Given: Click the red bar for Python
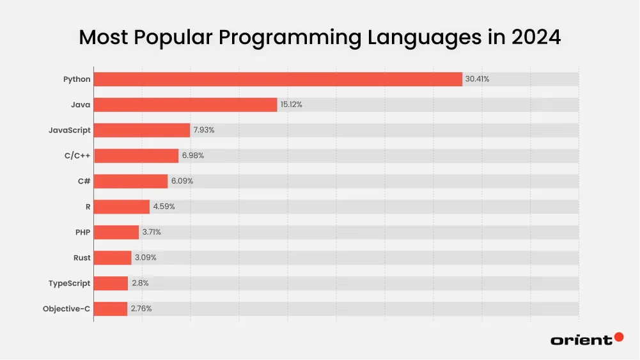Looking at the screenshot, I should click(278, 79).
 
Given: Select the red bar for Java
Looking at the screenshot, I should click(185, 105).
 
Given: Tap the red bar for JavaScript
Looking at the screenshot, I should click(142, 130).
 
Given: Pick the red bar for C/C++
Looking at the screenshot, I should click(136, 156).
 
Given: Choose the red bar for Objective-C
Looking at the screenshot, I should click(111, 309).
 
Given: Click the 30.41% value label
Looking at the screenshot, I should click(477, 79).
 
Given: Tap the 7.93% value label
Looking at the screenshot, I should click(203, 130).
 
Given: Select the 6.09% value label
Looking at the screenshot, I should click(182, 182).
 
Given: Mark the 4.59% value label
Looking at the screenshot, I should click(163, 207).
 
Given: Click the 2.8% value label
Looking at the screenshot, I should click(140, 283).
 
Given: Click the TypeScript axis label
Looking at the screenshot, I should click(70, 283).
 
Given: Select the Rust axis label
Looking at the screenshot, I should click(82, 258).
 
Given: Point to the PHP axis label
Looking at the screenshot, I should click(82, 232).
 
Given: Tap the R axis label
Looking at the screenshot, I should click(88, 207).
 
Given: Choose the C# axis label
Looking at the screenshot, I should click(84, 182).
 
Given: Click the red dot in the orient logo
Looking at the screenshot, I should click(618, 337).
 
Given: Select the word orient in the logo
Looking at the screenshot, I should click(581, 340).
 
